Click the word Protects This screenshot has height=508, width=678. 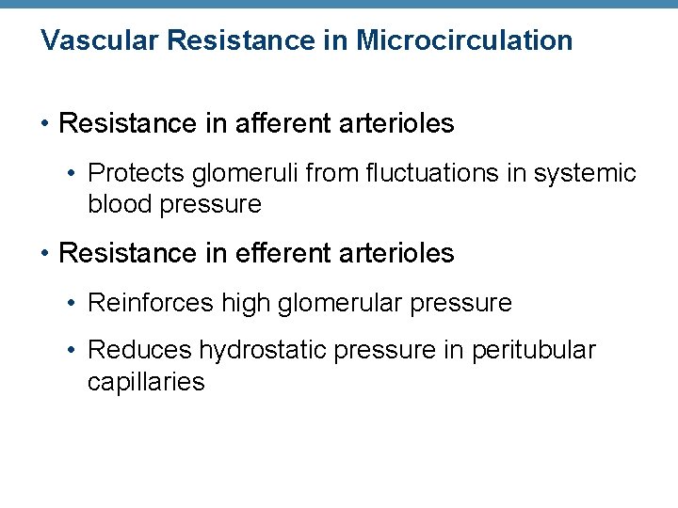tap(136, 174)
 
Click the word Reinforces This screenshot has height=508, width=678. tap(151, 303)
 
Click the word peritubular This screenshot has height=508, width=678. tap(534, 351)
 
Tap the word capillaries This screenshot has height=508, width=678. tap(146, 381)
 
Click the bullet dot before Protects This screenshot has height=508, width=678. tap(73, 174)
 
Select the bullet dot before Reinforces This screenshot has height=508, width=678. tap(73, 303)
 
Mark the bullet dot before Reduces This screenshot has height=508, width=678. tap(73, 351)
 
